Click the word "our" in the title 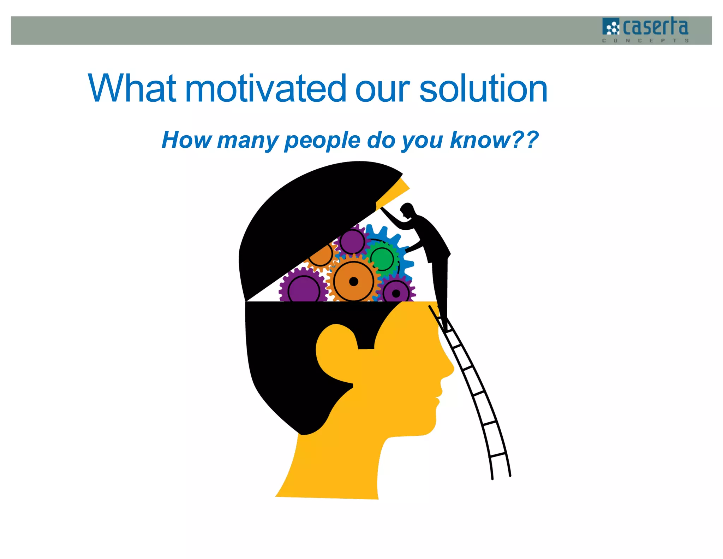(x=382, y=89)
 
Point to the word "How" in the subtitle (x=186, y=140)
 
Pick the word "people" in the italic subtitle (x=322, y=141)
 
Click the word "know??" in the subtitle (x=494, y=140)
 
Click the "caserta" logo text (x=656, y=27)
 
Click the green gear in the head (x=382, y=258)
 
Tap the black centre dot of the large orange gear (x=353, y=282)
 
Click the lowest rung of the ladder (x=498, y=454)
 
